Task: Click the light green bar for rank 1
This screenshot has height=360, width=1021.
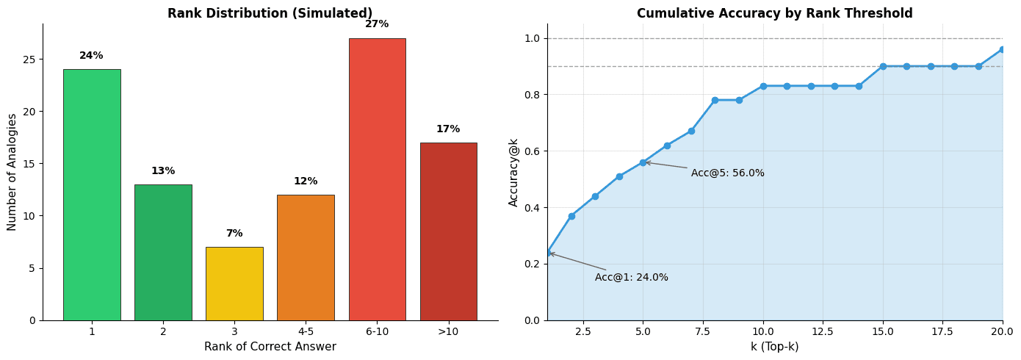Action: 92,195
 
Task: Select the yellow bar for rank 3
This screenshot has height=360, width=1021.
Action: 234,284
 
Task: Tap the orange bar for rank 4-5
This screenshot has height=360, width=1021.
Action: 306,257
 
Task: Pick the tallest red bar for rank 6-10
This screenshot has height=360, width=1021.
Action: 377,179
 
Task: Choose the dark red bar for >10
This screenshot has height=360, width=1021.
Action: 448,231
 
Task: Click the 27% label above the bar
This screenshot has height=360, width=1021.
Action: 377,24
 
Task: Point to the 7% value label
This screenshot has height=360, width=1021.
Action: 234,234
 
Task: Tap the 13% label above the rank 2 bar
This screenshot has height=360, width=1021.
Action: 163,171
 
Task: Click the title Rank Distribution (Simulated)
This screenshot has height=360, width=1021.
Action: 270,13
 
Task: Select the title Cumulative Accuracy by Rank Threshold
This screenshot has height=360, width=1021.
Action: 774,13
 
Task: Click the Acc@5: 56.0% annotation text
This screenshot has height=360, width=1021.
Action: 727,173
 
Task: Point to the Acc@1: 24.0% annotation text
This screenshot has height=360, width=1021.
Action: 631,278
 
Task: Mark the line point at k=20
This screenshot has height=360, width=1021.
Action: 1002,49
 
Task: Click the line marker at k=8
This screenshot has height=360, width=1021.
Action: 715,100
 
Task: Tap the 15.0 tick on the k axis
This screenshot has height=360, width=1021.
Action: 882,332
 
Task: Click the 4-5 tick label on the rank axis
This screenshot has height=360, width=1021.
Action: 306,332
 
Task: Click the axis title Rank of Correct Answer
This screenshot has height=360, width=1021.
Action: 270,347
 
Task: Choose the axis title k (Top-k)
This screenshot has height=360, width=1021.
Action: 774,347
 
